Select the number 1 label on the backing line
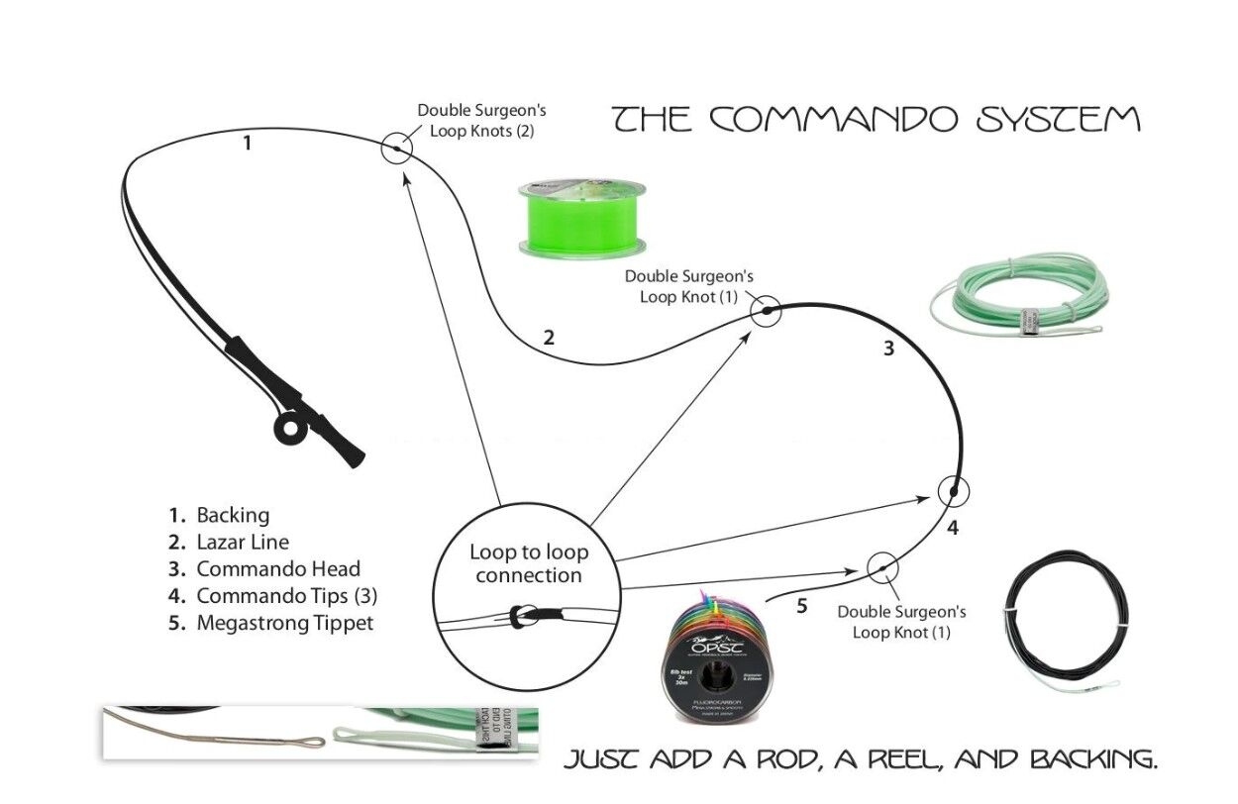[247, 143]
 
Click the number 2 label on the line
[549, 337]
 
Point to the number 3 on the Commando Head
[888, 349]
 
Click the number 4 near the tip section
[952, 528]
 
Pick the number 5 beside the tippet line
[802, 606]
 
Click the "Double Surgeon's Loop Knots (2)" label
[481, 120]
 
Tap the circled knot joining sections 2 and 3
[766, 312]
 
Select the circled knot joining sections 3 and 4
[953, 490]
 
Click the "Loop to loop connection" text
[528, 563]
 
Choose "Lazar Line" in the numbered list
[243, 542]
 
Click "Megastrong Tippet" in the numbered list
[285, 623]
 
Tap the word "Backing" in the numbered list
[233, 515]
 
